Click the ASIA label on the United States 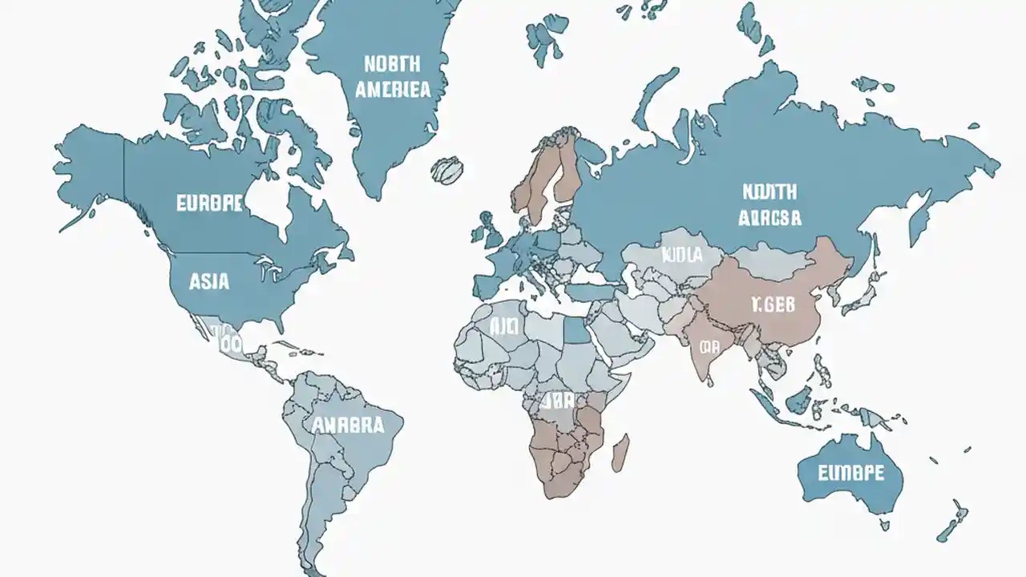pyautogui.click(x=209, y=281)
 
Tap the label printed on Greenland pyautogui.click(x=392, y=76)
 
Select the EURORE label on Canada pyautogui.click(x=208, y=203)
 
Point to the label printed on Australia pyautogui.click(x=850, y=472)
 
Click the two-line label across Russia pyautogui.click(x=769, y=204)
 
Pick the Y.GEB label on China pyautogui.click(x=774, y=305)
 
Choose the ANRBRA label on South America pyautogui.click(x=348, y=425)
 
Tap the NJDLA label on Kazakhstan pyautogui.click(x=681, y=255)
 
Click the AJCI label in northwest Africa pyautogui.click(x=505, y=326)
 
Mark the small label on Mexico pyautogui.click(x=229, y=343)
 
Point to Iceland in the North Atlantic pyautogui.click(x=447, y=170)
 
